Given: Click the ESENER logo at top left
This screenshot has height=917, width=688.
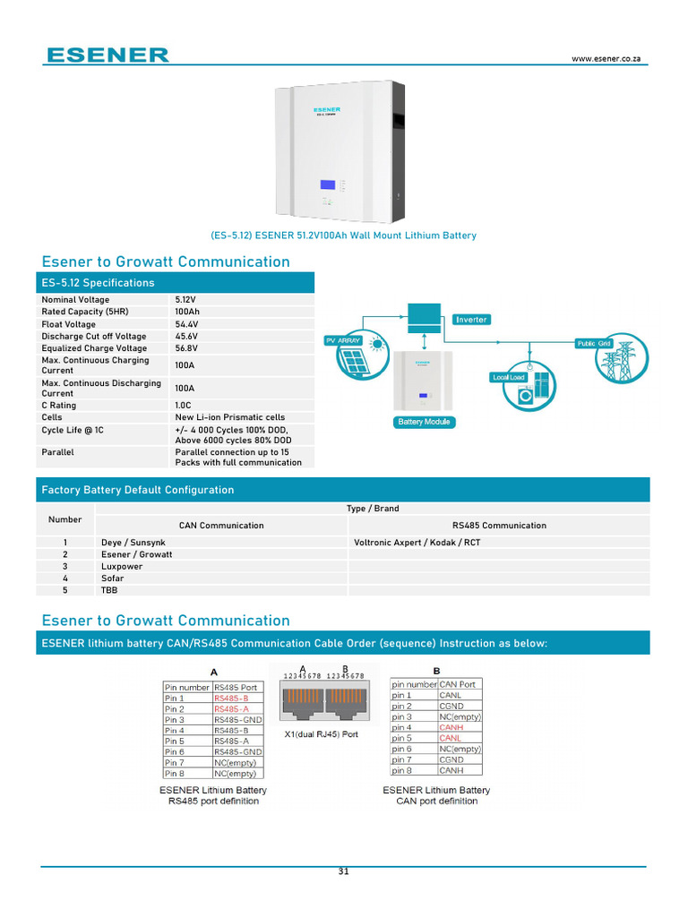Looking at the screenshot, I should coord(107,55).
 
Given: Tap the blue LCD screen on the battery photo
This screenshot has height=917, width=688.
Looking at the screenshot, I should coord(328,184).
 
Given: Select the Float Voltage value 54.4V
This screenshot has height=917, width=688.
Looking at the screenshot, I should coord(187,324).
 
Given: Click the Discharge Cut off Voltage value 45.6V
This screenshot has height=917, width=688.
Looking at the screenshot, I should coord(187,337).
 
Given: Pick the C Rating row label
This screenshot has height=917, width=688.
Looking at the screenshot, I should coord(59,406).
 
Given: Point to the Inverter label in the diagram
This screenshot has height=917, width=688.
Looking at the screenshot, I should coord(471,320).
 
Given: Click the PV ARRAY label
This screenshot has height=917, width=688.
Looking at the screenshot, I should coord(341,341).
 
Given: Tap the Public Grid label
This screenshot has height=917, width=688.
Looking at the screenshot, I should coord(593,343).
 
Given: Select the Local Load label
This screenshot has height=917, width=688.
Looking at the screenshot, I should coord(508,377).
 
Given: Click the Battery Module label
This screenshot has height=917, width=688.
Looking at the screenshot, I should coord(424,422).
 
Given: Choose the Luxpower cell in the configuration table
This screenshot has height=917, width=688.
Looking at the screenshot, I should coord(122,567).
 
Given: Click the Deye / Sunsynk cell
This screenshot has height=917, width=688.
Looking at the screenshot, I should coord(133,543).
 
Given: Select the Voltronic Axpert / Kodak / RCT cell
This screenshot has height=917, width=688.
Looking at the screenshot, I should coord(417,543).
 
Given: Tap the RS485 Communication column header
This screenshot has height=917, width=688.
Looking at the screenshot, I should coord(499,526).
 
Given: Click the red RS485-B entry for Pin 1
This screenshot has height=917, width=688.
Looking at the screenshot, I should coord(231,698).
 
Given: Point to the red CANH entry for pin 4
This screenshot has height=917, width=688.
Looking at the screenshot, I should coord(450,727).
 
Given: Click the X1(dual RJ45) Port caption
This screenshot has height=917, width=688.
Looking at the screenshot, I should coord(320,734).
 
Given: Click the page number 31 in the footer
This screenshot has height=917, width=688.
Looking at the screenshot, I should coord(344,872).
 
